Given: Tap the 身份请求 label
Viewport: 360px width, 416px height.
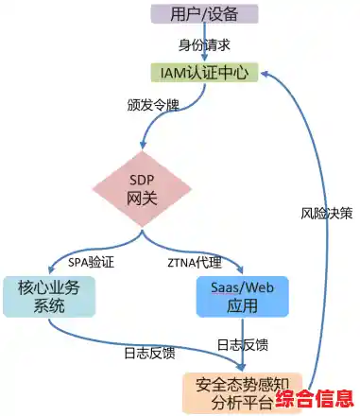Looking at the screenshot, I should tap(205, 43).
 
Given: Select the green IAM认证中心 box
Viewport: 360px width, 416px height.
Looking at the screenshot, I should tap(205, 72).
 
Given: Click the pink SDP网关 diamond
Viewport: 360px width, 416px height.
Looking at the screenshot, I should tap(143, 188).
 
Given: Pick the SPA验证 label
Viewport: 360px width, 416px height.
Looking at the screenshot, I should tap(92, 260).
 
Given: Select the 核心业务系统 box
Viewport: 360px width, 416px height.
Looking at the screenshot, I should tap(49, 296).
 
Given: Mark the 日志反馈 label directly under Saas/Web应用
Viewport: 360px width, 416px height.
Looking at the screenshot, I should tap(243, 345).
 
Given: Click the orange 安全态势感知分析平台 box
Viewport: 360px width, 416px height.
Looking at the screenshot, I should tap(230, 392).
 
